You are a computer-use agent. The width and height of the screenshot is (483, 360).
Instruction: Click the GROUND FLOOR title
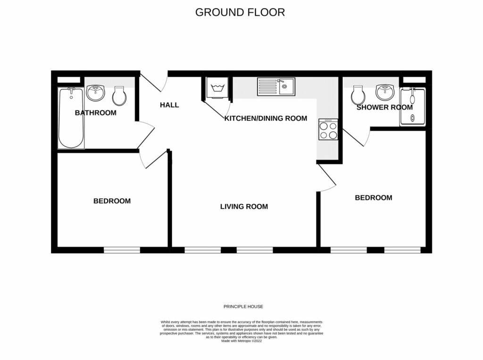coord(240,12)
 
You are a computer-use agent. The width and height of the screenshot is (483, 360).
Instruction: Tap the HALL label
coord(169,105)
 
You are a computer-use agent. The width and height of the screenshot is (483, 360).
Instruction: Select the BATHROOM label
coord(95,113)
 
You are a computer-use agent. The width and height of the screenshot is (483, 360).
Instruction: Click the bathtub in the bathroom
coord(71,118)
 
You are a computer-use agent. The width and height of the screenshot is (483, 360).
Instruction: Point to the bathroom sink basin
coord(95,93)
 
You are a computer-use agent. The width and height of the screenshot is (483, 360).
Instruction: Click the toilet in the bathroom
coord(119,96)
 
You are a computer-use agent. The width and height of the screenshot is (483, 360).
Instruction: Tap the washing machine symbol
coord(217,88)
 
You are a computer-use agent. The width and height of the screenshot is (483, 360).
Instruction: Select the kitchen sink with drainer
coord(276,87)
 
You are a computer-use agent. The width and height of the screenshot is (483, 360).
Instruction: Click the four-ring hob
coord(328,129)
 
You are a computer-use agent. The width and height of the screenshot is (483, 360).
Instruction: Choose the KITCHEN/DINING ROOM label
coord(266,118)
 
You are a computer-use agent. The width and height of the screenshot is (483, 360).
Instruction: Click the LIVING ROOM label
coord(244,207)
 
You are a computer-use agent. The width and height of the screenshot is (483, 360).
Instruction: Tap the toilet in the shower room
coord(358,95)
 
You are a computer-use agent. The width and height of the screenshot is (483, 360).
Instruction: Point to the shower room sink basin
coord(385,92)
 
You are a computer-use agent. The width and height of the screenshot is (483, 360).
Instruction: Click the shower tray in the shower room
coord(412,107)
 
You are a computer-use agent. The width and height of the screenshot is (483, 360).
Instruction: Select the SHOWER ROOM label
coord(384,107)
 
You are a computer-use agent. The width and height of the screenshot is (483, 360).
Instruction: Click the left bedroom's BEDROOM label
coord(112,201)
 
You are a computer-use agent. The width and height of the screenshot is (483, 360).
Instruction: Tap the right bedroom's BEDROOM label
coord(374,198)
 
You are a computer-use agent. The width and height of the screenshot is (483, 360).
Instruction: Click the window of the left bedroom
coord(122,250)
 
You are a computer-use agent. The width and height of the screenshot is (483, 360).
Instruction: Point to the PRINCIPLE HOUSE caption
coord(243,307)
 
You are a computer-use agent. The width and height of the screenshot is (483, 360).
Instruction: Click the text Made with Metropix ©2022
coord(241,341)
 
